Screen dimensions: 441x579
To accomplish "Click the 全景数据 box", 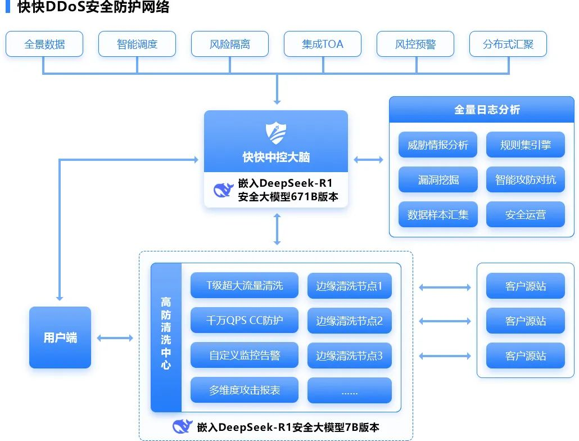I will coord(44,44).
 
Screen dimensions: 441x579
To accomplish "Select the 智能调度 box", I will coord(137,44).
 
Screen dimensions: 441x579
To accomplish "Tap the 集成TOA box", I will coord(323,44).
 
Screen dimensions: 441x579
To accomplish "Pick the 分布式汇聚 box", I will coord(508,44).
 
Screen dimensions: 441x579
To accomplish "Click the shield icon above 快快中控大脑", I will coord(276,133).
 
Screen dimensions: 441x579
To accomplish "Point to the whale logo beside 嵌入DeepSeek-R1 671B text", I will coord(223,190).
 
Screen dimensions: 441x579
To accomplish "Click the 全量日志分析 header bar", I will coord(487,110).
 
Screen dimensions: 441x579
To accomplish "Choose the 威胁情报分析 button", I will coord(438,145).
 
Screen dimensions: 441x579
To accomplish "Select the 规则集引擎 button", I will coord(526,145).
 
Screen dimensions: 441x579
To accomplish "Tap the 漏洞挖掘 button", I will coord(438,180).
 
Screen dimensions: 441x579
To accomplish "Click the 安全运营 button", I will coord(526,214).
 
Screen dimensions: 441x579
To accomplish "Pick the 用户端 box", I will coord(60,337).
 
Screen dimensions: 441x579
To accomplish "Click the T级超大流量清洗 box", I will coord(245,286).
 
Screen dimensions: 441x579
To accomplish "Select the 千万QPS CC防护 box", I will coord(245,321).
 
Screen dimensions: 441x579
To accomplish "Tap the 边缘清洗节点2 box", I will coord(349,321).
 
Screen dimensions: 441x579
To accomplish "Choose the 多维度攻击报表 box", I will coord(245,390).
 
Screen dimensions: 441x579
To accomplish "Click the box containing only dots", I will coord(349,390).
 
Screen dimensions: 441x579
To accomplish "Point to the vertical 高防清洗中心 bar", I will coord(166,337).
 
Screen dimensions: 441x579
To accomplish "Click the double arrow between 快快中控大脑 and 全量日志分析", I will coord(368,160).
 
